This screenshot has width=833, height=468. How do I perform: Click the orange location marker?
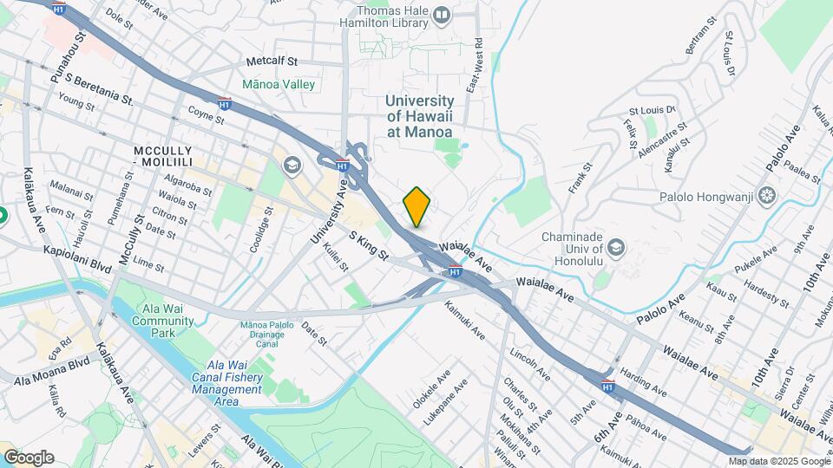pyautogui.click(x=416, y=206)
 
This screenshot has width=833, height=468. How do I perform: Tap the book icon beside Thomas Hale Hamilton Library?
pyautogui.click(x=443, y=15)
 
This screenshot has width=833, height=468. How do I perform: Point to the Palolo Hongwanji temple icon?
pyautogui.click(x=767, y=194)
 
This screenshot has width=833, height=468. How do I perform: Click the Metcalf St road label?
pyautogui.click(x=272, y=62)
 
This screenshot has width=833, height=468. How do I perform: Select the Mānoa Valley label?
pyautogui.click(x=279, y=85)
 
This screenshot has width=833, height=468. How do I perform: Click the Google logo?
pyautogui.click(x=29, y=457)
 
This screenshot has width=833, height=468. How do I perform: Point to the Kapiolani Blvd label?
pyautogui.click(x=77, y=258)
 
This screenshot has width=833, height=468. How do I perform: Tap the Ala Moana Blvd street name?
pyautogui.click(x=52, y=371)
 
